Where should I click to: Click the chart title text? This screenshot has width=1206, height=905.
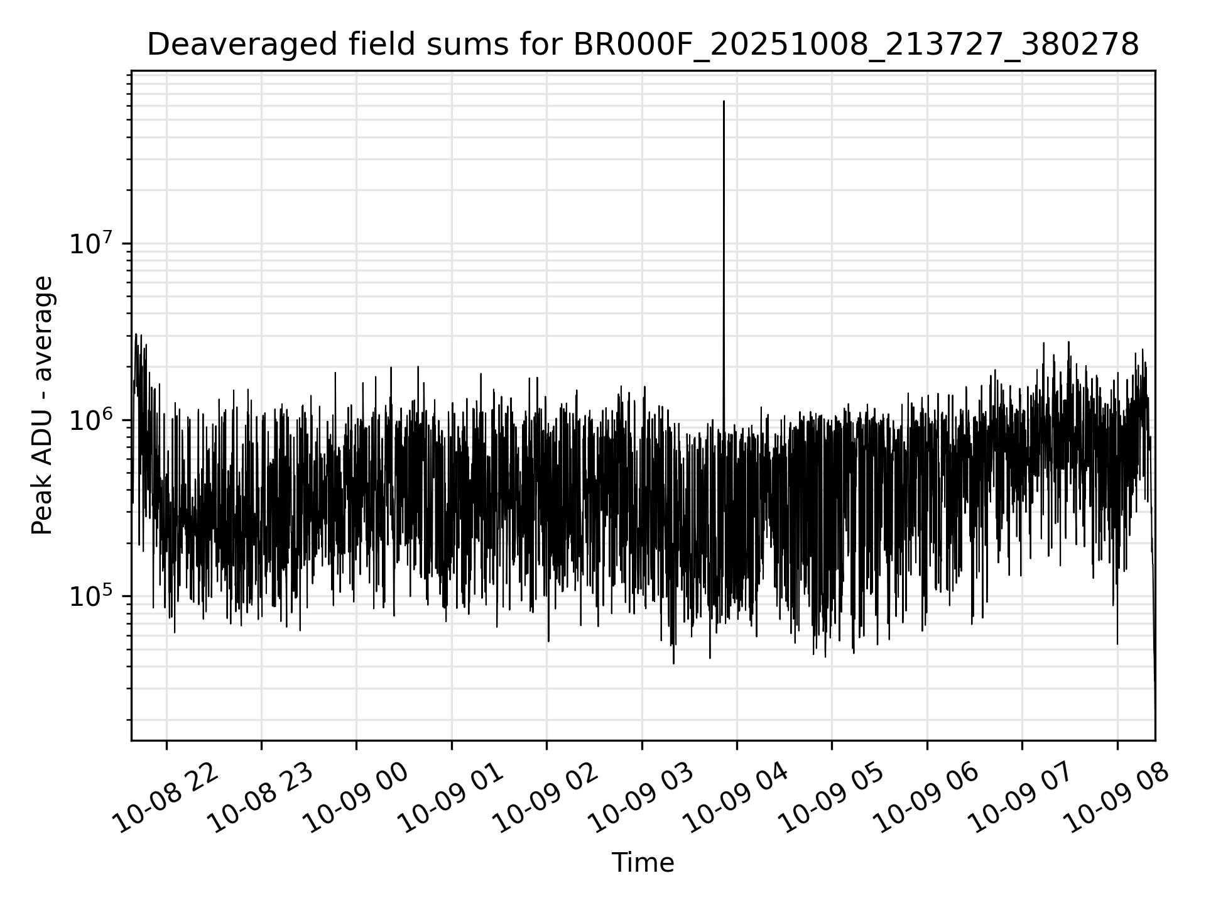click(643, 45)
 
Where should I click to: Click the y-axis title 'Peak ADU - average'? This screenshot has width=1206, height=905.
click(42, 405)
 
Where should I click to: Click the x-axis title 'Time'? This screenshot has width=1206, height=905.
click(643, 863)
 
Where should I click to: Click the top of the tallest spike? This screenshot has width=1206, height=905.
click(724, 101)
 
